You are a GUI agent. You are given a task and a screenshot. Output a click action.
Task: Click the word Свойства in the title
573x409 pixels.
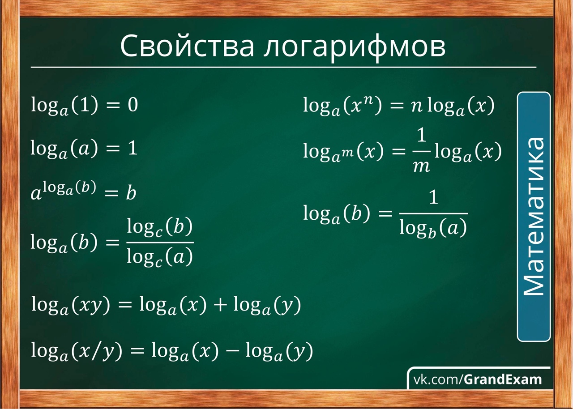(187, 46)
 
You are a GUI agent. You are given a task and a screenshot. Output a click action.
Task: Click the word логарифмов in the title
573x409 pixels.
(355, 47)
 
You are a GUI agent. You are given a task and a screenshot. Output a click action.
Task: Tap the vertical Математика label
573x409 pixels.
(534, 217)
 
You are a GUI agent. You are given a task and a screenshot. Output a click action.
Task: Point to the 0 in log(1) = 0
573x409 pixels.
(133, 105)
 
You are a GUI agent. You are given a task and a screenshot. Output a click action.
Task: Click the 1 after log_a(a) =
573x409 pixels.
(133, 148)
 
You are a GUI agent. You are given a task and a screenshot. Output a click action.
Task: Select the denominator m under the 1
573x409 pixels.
(421, 167)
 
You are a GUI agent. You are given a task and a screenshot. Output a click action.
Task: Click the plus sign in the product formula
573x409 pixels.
(220, 305)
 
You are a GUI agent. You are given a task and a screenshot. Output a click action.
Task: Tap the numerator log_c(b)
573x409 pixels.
(159, 227)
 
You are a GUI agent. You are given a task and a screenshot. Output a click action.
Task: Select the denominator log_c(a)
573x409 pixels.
(159, 257)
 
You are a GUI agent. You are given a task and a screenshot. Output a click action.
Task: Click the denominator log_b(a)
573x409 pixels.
(433, 228)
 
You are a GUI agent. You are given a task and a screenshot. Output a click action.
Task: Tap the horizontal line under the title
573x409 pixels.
(283, 68)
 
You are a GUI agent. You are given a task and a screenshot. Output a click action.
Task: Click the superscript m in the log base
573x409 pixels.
(348, 153)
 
